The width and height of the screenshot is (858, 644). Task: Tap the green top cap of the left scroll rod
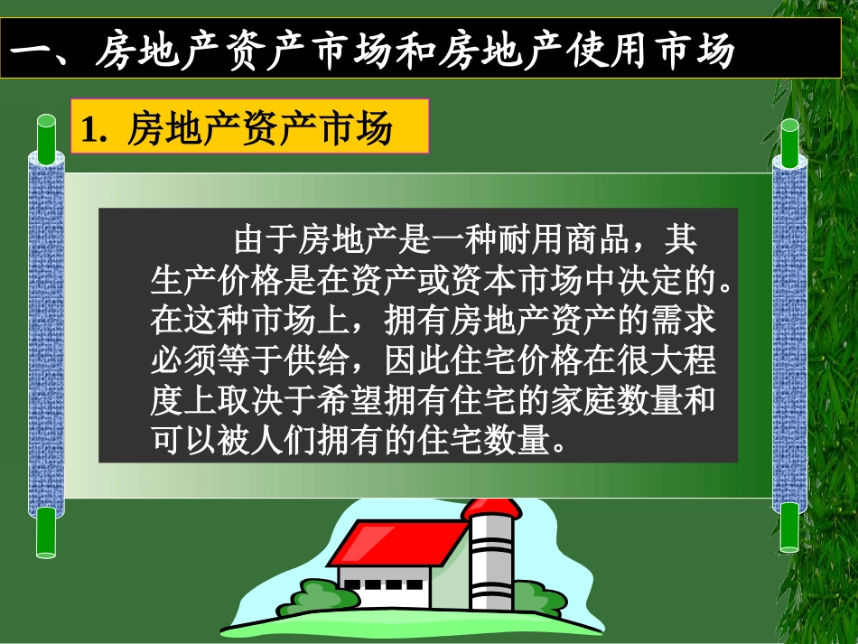45,135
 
